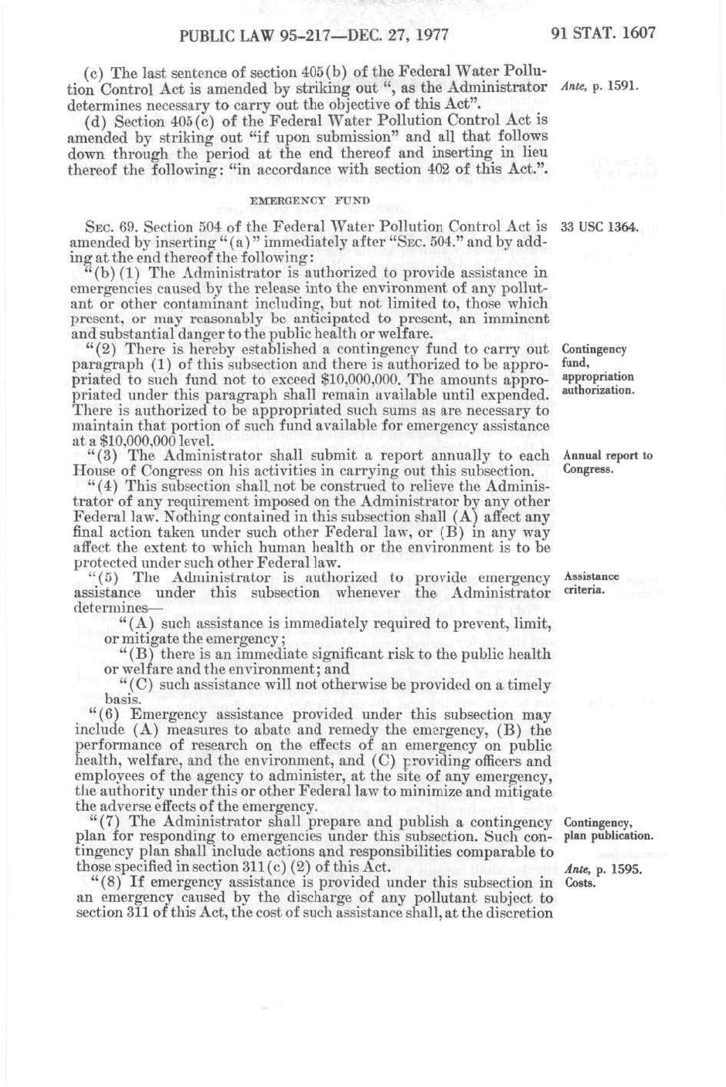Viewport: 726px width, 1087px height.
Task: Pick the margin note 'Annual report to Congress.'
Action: click(607, 462)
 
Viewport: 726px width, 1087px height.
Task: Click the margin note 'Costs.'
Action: click(581, 883)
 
